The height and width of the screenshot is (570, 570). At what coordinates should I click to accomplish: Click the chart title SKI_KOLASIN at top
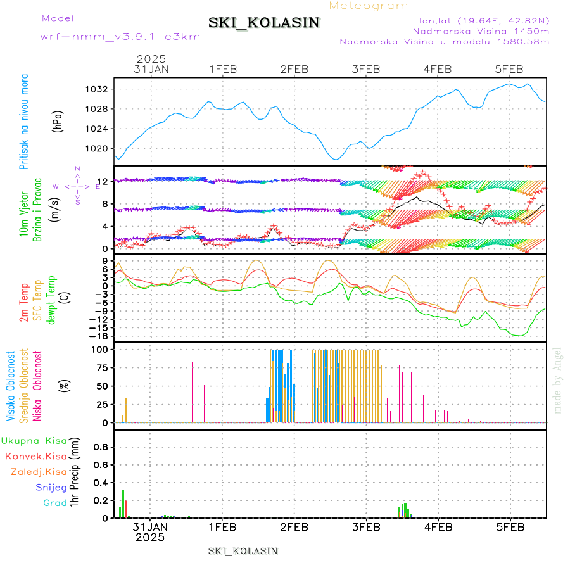pos(264,23)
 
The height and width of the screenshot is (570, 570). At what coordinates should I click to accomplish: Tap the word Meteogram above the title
pos(369,6)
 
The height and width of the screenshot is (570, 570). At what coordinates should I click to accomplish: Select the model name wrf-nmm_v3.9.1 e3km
pos(120,36)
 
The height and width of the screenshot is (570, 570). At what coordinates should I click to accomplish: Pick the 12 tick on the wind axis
pos(101,182)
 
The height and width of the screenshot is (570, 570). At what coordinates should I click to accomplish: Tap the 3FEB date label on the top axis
pos(365,69)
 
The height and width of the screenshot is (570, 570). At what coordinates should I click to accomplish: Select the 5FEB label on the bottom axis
pos(509,526)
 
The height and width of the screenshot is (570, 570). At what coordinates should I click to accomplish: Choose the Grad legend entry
pos(54,503)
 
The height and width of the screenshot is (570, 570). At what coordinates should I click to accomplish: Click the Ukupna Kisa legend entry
pos(34,441)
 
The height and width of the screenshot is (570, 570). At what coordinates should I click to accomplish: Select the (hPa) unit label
pos(58,120)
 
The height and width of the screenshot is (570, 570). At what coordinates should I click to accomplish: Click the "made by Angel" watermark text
pos(558,380)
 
